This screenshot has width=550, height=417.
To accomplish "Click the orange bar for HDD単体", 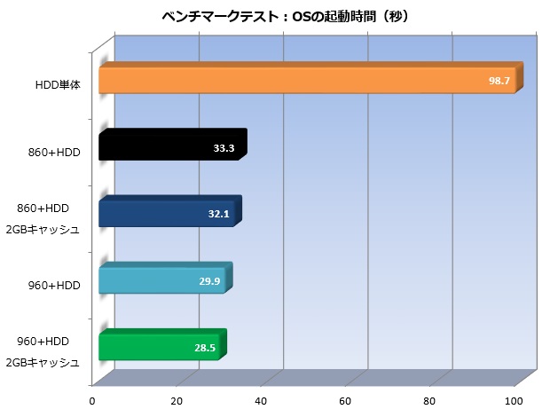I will click(306, 81).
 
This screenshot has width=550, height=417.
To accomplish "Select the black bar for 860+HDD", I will click(169, 148).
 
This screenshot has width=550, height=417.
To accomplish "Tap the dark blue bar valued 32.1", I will click(166, 215).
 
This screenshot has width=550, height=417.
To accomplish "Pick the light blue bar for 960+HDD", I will click(161, 280).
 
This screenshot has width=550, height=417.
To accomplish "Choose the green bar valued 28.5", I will click(159, 347).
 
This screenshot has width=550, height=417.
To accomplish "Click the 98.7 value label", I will click(499, 81).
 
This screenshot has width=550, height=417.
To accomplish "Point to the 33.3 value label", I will click(224, 148).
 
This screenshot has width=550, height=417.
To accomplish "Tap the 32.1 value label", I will click(218, 215).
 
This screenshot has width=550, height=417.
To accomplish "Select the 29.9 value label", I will click(210, 280).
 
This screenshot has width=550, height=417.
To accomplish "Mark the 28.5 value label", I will click(205, 347).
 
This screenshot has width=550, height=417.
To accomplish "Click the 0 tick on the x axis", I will click(92, 399).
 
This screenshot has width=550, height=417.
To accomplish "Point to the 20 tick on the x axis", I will click(177, 399).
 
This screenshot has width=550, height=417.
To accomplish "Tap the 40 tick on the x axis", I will click(262, 399).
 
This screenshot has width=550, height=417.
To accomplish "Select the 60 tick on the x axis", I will click(346, 399).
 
